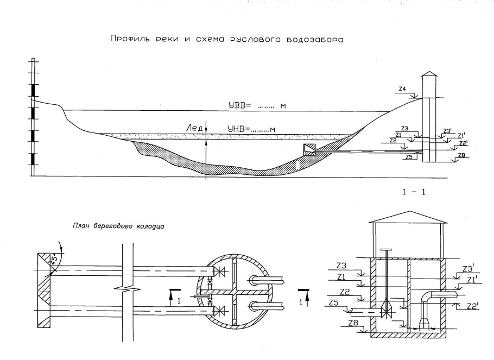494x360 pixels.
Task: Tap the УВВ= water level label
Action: [x=239, y=105]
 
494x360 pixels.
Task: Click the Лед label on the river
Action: [x=194, y=128]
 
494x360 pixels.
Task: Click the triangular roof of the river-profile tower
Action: [x=429, y=74]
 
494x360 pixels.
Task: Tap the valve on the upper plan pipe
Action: [x=219, y=270]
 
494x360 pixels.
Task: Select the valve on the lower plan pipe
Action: [x=219, y=311]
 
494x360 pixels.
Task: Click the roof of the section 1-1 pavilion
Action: [x=407, y=215]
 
